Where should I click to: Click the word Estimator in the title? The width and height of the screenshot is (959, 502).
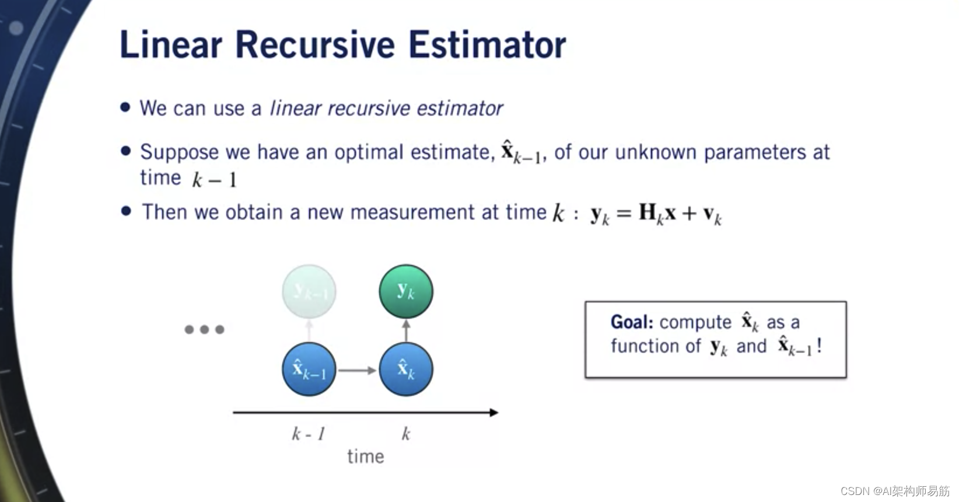(x=487, y=44)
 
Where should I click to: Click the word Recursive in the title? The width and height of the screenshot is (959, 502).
(x=314, y=44)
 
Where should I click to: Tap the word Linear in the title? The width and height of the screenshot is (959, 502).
(x=171, y=44)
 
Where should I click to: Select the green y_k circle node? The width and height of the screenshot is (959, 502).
(x=406, y=291)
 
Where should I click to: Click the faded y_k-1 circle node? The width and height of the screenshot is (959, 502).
(x=309, y=291)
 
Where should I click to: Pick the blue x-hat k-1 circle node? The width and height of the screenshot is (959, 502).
(x=309, y=369)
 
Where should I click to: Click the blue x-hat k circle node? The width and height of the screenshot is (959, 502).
(x=406, y=369)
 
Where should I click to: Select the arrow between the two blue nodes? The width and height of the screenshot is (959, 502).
(x=358, y=370)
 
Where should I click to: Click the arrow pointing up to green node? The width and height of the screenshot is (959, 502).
(x=406, y=330)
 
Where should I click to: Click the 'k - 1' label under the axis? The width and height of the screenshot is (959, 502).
(x=309, y=434)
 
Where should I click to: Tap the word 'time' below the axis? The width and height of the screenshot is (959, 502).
(x=366, y=456)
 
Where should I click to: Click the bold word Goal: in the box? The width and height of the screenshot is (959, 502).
(x=632, y=322)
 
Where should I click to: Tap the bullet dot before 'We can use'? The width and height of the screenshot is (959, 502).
(x=125, y=107)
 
